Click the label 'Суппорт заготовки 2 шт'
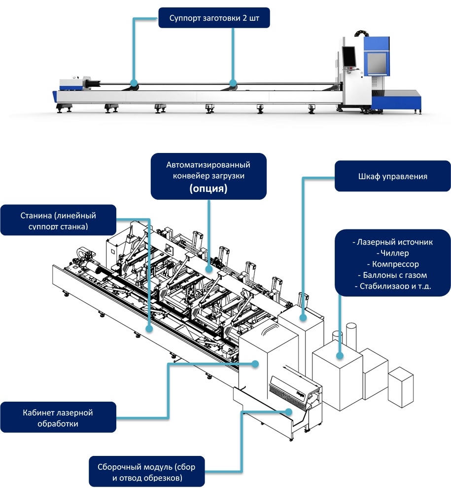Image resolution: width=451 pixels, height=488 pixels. tap(214, 18)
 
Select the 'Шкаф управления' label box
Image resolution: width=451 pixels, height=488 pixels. tap(392, 176)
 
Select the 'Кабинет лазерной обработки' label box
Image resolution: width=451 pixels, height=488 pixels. tap(58, 417)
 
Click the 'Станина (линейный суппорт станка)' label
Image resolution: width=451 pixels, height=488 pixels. tap(58, 221)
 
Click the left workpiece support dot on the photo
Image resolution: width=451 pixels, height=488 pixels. tap(133, 82)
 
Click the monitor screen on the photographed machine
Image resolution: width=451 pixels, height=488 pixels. tap(348, 57)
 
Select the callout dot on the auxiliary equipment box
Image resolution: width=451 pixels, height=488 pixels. tap(340, 355)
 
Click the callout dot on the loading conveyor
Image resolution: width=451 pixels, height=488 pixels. tap(209, 270)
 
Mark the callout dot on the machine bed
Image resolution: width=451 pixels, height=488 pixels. tap(149, 327)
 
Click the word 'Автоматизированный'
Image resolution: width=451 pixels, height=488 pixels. tap(208, 164)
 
